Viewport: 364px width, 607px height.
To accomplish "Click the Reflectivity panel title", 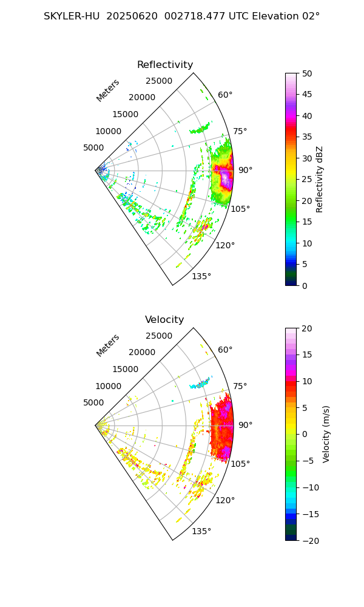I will [165, 65].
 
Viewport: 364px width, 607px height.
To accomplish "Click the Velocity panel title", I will [164, 320].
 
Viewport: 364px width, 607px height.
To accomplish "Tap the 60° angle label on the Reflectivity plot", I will [225, 95].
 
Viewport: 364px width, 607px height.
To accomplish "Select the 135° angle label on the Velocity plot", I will [201, 532].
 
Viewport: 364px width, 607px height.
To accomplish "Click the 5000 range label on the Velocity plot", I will [93, 402].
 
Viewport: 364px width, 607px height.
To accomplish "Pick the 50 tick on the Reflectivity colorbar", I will [308, 73].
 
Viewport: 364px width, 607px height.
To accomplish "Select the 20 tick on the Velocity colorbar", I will [308, 328].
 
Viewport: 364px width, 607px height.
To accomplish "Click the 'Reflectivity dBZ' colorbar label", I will [320, 179].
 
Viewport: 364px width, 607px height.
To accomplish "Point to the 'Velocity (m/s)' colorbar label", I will [326, 434].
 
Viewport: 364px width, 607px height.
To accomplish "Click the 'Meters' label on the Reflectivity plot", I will [108, 90].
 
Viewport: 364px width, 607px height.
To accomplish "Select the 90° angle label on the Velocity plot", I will [245, 425].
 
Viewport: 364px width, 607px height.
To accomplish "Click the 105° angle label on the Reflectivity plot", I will [240, 209].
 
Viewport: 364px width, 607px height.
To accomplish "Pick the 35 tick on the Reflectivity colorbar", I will [308, 137].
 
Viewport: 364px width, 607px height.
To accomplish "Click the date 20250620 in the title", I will [130, 16].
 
